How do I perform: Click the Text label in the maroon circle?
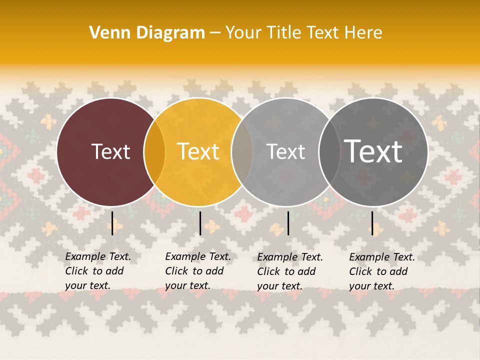click(x=110, y=151)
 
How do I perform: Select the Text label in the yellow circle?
click(x=198, y=151)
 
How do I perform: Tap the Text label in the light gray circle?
click(x=285, y=151)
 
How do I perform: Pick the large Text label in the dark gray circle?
click(x=373, y=151)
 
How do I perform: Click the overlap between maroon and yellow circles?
click(x=154, y=152)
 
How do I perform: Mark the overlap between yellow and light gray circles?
click(x=242, y=152)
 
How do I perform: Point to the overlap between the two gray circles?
click(x=329, y=152)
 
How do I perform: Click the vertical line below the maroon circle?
click(x=112, y=223)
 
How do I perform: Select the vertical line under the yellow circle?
click(x=200, y=223)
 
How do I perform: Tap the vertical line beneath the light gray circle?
click(x=288, y=223)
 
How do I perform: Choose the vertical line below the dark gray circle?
click(x=372, y=223)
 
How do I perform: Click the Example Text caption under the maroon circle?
click(x=97, y=271)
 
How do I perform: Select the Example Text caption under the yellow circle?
click(x=197, y=271)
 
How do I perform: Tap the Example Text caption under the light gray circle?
click(x=289, y=271)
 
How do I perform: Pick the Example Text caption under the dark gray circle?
click(x=381, y=271)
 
